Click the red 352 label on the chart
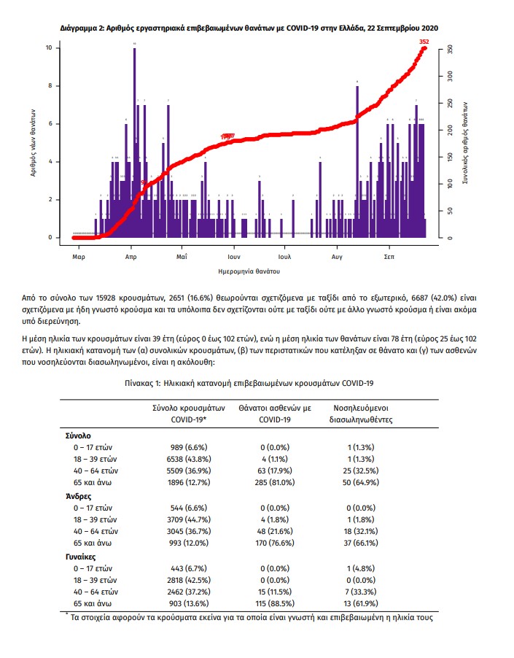coord(424,42)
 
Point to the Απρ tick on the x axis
coord(131,258)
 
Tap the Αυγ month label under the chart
coord(337,258)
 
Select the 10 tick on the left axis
coord(48,48)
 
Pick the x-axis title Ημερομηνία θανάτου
coord(249,271)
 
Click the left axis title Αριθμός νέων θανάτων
coord(34,143)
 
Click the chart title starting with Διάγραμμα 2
coord(249,27)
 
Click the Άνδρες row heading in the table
coord(78,495)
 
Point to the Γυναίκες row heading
coord(81,557)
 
